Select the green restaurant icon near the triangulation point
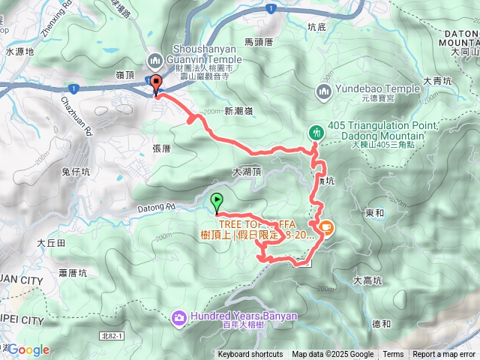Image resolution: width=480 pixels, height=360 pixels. pyautogui.click(x=316, y=132)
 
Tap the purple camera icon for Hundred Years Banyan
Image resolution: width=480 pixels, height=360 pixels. pyautogui.click(x=179, y=317)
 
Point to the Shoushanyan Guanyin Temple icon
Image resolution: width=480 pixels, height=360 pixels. pyautogui.click(x=154, y=59)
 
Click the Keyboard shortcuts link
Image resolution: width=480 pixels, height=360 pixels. pyautogui.click(x=250, y=355)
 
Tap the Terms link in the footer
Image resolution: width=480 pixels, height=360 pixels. pyautogui.click(x=393, y=355)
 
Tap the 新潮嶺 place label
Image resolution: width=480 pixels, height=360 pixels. pyautogui.click(x=238, y=110)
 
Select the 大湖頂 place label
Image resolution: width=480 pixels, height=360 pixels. pyautogui.click(x=247, y=172)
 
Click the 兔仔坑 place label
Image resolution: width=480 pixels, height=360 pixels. pyautogui.click(x=76, y=172)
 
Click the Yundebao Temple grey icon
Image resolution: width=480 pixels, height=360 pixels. pyautogui.click(x=324, y=91)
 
